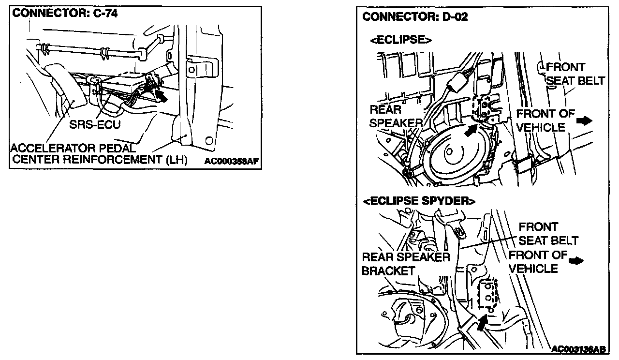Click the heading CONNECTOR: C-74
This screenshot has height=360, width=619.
point(64,14)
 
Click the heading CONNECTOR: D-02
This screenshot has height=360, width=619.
point(415,17)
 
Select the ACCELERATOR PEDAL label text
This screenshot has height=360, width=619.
point(73,147)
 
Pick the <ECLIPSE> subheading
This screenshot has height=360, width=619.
point(400,40)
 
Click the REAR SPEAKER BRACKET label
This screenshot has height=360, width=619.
point(405,264)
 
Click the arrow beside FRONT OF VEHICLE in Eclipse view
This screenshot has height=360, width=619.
point(585,120)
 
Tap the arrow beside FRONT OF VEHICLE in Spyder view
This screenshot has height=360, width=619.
point(576,261)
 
